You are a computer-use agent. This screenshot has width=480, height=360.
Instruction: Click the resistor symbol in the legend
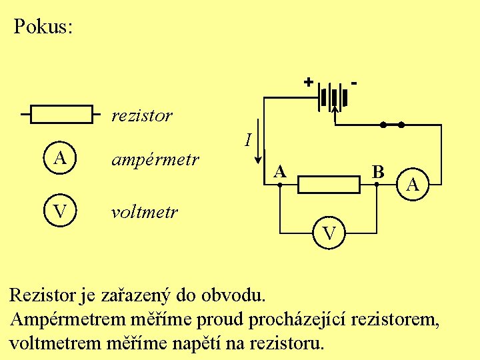click(x=62, y=115)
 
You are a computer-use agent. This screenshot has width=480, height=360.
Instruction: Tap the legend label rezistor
click(x=142, y=115)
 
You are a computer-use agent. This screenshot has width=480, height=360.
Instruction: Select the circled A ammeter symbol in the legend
click(x=60, y=159)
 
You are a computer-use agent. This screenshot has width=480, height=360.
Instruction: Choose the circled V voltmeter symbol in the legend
click(x=60, y=211)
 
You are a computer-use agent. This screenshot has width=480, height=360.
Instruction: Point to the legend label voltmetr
click(x=145, y=212)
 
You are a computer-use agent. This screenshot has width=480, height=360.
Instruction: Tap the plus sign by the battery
click(x=308, y=83)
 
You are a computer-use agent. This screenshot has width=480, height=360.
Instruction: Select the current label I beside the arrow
click(x=247, y=140)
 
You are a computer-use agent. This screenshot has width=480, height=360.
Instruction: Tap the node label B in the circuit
click(x=378, y=171)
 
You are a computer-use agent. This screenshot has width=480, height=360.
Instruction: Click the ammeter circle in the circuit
click(x=413, y=183)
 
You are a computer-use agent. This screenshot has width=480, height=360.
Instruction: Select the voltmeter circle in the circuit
click(x=329, y=233)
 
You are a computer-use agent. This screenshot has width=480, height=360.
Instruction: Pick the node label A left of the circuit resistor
click(x=281, y=171)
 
